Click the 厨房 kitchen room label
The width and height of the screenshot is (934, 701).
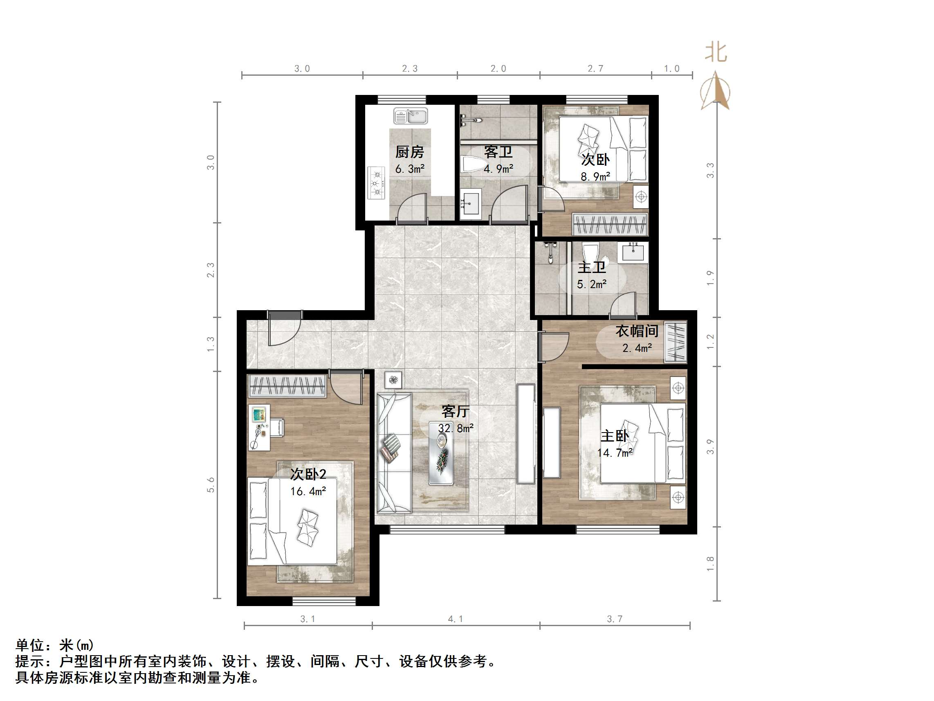click(409, 152)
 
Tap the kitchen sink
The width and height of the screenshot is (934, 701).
click(411, 116)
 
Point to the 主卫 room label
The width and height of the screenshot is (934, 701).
click(592, 267)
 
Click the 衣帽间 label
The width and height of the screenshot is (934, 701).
click(637, 331)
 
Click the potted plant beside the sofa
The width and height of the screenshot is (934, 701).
click(393, 380)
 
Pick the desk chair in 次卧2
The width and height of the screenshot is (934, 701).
click(277, 427)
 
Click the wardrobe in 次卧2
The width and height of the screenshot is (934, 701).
click(287, 385)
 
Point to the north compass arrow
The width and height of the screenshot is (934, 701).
click(715, 91)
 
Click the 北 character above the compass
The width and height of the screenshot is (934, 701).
click(716, 53)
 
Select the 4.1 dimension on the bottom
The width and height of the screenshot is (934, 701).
click(455, 619)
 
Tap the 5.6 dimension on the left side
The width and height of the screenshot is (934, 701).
click(211, 485)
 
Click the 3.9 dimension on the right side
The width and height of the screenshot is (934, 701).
click(710, 447)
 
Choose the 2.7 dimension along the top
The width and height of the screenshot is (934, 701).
click(595, 68)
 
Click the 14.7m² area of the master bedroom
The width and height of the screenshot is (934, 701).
click(615, 453)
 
